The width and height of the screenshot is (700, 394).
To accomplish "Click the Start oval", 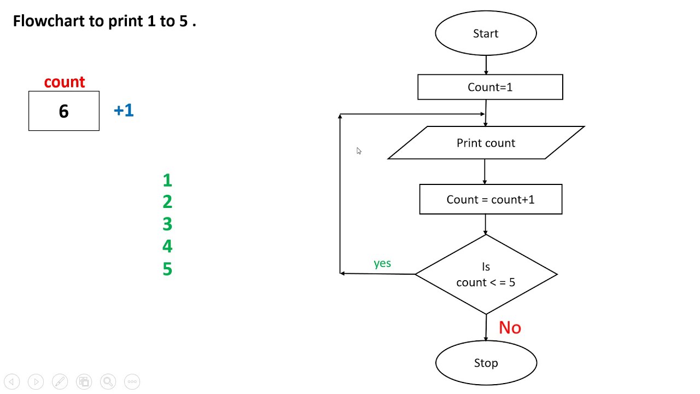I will pos(486,33).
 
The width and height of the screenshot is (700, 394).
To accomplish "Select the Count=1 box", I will pos(490,87).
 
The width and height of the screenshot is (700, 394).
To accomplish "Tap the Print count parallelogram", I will pos(486,143).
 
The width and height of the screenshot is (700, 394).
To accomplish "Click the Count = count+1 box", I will pos(491,199).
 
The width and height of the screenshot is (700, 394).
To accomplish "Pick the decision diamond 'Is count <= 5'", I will pos(486,274).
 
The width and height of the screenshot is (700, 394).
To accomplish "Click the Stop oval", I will pos(486,363).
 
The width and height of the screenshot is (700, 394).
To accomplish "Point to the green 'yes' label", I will pos(382,263).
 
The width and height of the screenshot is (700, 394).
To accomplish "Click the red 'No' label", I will pos(510,327).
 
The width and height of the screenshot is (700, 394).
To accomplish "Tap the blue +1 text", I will pos(124,111).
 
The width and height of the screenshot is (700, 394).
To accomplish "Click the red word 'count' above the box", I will pos(65,82).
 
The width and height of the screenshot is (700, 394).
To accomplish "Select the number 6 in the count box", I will pos(63,112).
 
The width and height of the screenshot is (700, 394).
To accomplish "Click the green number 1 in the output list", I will pos(167,180).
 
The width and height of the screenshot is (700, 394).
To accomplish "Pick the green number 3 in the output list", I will pos(167,224).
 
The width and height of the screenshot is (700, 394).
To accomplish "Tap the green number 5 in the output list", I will pos(167,269).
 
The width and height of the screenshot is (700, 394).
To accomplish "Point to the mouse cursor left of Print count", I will pos(359,151).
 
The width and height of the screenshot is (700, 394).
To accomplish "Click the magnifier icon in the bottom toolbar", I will pos(108,381).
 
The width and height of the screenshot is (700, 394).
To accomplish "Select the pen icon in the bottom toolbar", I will pos(60,381).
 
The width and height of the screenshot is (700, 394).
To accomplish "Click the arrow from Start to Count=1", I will pos(486,65).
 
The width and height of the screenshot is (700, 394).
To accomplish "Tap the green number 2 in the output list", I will pos(167,202).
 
